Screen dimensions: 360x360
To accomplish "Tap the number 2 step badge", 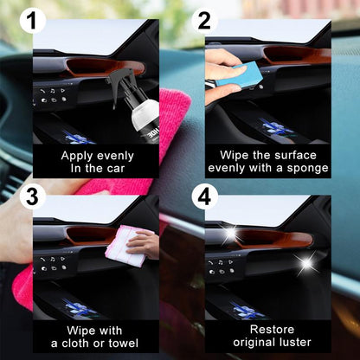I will click(x=205, y=21).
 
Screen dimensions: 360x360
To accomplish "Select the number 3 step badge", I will click(x=33, y=197).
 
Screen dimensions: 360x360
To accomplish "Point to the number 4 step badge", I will click(x=205, y=197).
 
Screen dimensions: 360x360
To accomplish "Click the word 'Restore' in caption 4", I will click(x=267, y=330).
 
